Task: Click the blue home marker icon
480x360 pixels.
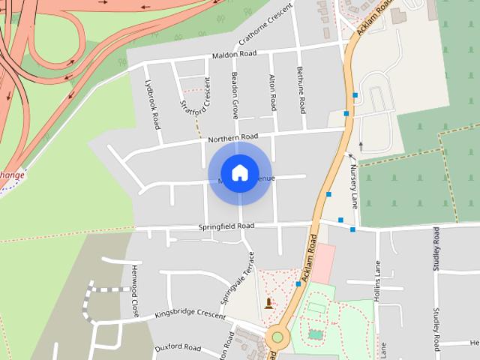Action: [x=239, y=173]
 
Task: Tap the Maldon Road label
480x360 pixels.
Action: [x=234, y=54]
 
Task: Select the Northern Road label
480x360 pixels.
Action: [x=232, y=137]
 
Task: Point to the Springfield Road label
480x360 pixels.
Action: [x=226, y=226]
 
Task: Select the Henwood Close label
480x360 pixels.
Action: [x=136, y=289]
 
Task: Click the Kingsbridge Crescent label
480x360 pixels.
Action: [x=190, y=316]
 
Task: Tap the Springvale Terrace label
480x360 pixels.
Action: [x=238, y=277]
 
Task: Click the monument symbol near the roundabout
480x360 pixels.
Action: [x=269, y=303]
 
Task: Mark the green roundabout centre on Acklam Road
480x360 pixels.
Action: [x=277, y=337]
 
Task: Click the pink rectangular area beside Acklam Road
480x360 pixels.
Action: [x=323, y=262]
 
